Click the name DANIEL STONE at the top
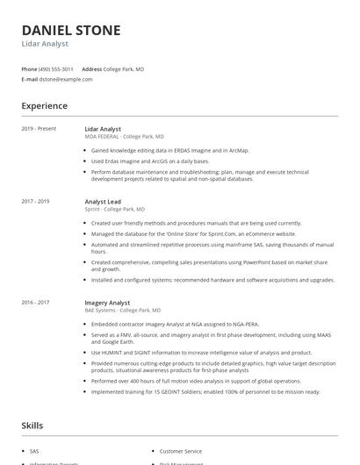pos(71,30)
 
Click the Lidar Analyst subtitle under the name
pos(45,44)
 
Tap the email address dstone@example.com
pos(66,79)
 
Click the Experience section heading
pos(44,106)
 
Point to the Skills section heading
pos(32,426)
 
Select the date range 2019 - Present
pos(39,129)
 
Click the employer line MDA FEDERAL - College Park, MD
pos(124,137)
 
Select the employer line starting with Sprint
pos(115,210)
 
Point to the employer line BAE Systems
pos(122,311)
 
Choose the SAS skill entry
pos(35,450)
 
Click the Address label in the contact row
pos(91,68)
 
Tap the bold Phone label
pos(29,68)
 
